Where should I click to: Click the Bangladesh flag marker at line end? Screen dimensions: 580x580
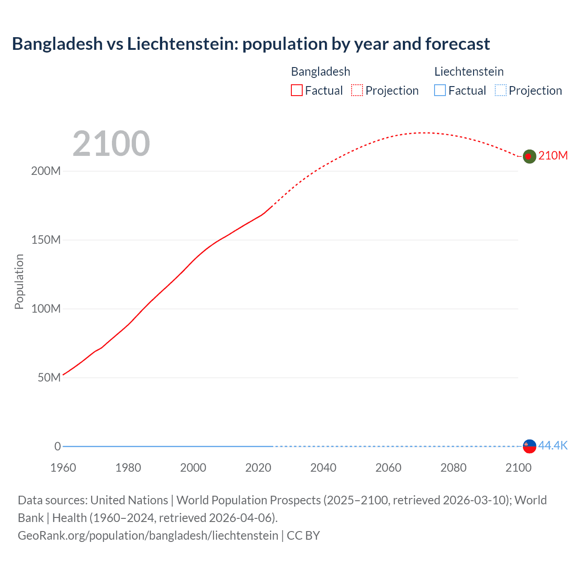point(529,156)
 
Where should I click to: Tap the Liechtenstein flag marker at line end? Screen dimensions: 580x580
point(529,446)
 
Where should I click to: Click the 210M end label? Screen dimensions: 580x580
point(553,155)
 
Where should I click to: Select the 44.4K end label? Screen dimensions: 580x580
point(553,445)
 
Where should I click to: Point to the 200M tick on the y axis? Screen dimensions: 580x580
point(46,171)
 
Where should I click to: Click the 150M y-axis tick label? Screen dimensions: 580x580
point(46,240)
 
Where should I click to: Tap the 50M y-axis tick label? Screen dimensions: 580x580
point(49,377)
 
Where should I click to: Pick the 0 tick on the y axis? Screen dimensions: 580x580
point(58,446)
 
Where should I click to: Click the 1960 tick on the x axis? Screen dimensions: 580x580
point(63,468)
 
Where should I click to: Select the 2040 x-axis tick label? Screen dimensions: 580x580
point(323,468)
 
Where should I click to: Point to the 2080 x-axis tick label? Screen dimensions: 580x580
point(453,468)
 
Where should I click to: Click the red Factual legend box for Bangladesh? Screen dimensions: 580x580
point(297,90)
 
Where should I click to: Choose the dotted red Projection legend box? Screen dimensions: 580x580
point(357,90)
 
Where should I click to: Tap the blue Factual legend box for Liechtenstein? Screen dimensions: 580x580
point(440,90)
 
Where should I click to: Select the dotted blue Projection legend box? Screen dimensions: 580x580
point(501,90)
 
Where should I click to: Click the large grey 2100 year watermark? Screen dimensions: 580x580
point(111,144)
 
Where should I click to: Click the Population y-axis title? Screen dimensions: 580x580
point(19,281)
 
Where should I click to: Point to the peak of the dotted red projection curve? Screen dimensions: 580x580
point(422,133)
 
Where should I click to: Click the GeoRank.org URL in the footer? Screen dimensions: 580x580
point(148,536)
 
